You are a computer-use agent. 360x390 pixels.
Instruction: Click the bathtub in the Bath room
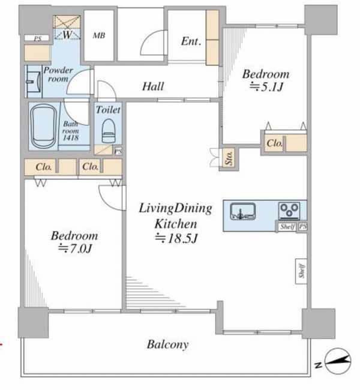click(x=44, y=126)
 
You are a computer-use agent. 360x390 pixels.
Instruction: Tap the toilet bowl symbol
click(x=109, y=131)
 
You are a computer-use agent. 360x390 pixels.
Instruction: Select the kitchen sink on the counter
click(x=243, y=211)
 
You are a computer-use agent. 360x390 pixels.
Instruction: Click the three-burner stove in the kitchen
click(x=289, y=211)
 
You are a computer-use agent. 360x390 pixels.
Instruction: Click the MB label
click(x=99, y=35)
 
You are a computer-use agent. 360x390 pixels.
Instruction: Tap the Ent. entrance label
click(x=191, y=41)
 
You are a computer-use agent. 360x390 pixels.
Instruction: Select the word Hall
click(x=153, y=86)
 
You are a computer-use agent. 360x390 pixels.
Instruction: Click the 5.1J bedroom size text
click(x=266, y=87)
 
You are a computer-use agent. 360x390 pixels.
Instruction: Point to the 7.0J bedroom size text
click(x=75, y=248)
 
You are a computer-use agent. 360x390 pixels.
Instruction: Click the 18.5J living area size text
click(x=176, y=239)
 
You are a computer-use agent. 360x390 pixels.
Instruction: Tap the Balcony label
click(x=167, y=345)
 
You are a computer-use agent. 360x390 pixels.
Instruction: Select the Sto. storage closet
click(x=229, y=158)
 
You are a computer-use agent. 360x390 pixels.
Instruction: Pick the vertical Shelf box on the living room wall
click(x=301, y=271)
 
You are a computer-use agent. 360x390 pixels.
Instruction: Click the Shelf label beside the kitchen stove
click(x=287, y=227)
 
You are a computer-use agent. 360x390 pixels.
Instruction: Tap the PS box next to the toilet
click(x=118, y=151)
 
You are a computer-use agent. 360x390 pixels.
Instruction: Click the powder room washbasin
click(x=34, y=82)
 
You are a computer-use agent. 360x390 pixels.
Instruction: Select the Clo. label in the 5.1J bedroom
click(x=275, y=143)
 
